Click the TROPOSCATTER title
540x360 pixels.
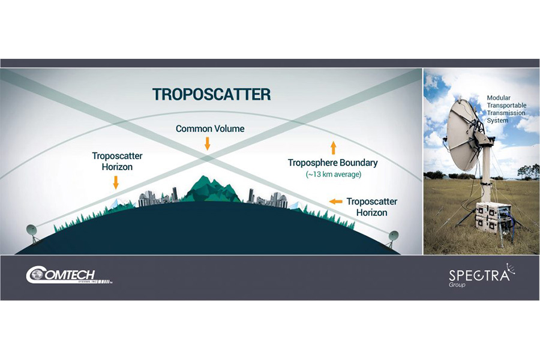click(211, 94)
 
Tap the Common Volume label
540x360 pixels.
click(210, 128)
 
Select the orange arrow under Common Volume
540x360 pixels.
click(208, 143)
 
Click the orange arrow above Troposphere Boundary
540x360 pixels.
click(333, 148)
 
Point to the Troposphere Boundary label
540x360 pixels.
click(332, 163)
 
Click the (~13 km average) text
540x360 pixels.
click(334, 175)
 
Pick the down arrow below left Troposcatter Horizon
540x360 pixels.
click(116, 182)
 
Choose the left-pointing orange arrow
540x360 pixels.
click(336, 202)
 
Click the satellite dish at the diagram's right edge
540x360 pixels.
click(392, 238)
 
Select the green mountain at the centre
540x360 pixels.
click(211, 189)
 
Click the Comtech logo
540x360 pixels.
click(69, 275)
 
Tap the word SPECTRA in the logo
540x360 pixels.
click(479, 275)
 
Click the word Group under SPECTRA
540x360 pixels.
click(457, 284)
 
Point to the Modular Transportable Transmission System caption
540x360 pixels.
click(506, 109)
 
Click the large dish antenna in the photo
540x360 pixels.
click(464, 134)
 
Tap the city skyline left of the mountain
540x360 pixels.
click(159, 197)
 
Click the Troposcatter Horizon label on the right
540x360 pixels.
click(371, 207)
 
